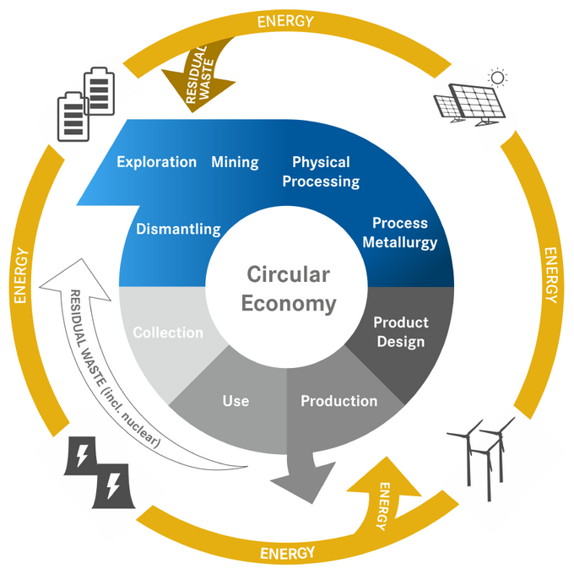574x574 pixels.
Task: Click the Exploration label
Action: pos(156,162)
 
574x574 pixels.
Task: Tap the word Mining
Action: pos(235,162)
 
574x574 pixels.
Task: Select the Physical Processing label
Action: pos(321,171)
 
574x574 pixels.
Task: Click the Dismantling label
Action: pos(178,229)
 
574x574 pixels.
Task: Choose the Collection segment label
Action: pos(168,333)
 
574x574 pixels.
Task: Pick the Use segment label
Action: pos(236,400)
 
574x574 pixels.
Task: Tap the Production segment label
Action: pos(338,401)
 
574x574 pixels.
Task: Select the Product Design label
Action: pos(401,332)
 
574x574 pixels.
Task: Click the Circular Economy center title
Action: pos(289,289)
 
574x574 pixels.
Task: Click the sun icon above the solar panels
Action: pos(498,79)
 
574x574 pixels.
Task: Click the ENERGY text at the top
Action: pos(287,19)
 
